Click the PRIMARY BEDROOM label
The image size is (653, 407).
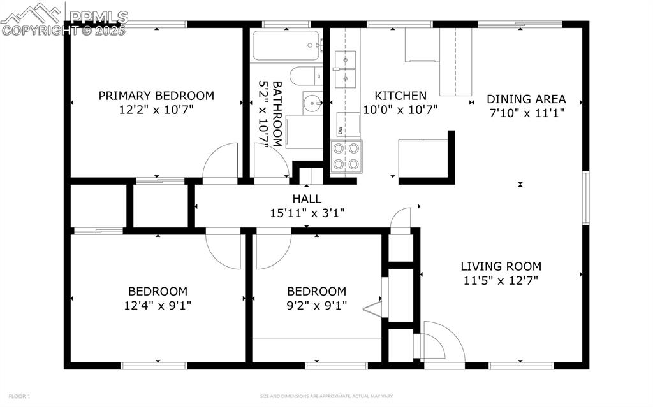(x=156, y=96)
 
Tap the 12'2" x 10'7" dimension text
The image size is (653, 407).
(x=156, y=110)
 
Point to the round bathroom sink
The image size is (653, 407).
(x=312, y=103)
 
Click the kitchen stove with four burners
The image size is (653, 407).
(x=346, y=157)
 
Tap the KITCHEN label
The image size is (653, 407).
(x=400, y=96)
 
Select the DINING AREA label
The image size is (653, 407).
(x=526, y=99)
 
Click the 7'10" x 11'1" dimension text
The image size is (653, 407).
(x=526, y=113)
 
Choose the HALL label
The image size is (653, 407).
(x=307, y=199)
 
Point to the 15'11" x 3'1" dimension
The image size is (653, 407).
(x=307, y=213)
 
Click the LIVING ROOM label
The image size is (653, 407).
(x=501, y=266)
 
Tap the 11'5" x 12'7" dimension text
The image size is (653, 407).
(x=501, y=280)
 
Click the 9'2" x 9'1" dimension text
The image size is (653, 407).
(x=316, y=305)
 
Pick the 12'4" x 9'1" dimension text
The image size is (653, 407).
(x=158, y=305)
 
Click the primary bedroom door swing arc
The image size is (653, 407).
(x=221, y=163)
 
